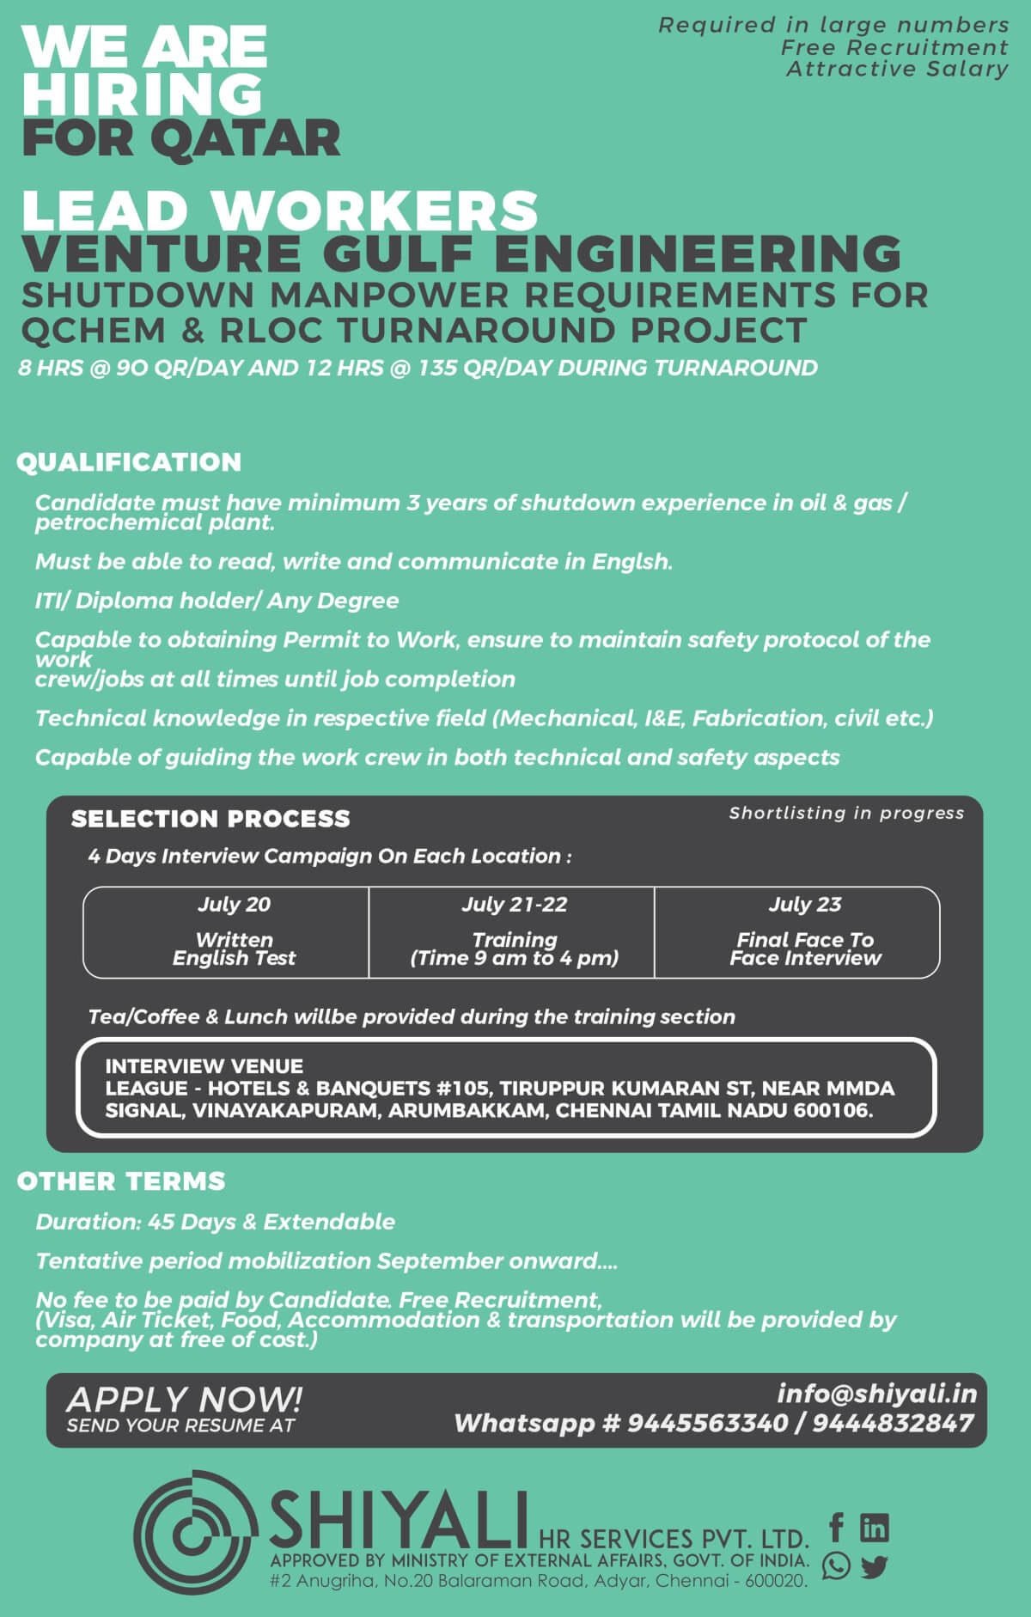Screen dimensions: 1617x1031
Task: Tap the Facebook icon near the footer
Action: [x=836, y=1528]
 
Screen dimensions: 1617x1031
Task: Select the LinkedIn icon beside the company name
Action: [x=875, y=1528]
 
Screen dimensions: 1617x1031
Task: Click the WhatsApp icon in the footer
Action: [x=836, y=1565]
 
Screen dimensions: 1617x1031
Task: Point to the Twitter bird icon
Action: [x=875, y=1566]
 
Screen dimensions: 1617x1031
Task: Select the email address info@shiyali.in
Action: [x=876, y=1394]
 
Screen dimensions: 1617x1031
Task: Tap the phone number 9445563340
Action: [x=707, y=1424]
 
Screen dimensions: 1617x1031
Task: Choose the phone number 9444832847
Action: [x=893, y=1424]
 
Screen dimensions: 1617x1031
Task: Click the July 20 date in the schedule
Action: [x=234, y=905]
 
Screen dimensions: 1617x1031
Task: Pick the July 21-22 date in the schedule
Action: [x=515, y=905]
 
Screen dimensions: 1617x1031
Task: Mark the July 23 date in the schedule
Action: [x=805, y=905]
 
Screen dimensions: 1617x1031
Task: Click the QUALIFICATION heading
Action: [x=129, y=462]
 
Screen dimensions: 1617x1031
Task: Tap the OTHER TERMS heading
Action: [x=121, y=1181]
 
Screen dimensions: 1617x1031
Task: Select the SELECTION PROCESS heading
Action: [x=210, y=819]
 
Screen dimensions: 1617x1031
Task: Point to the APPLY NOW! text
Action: [x=184, y=1400]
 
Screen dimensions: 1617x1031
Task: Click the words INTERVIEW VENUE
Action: [x=204, y=1066]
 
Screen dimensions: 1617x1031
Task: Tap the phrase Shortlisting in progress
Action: [x=846, y=813]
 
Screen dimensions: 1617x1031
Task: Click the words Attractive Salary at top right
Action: [x=897, y=70]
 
